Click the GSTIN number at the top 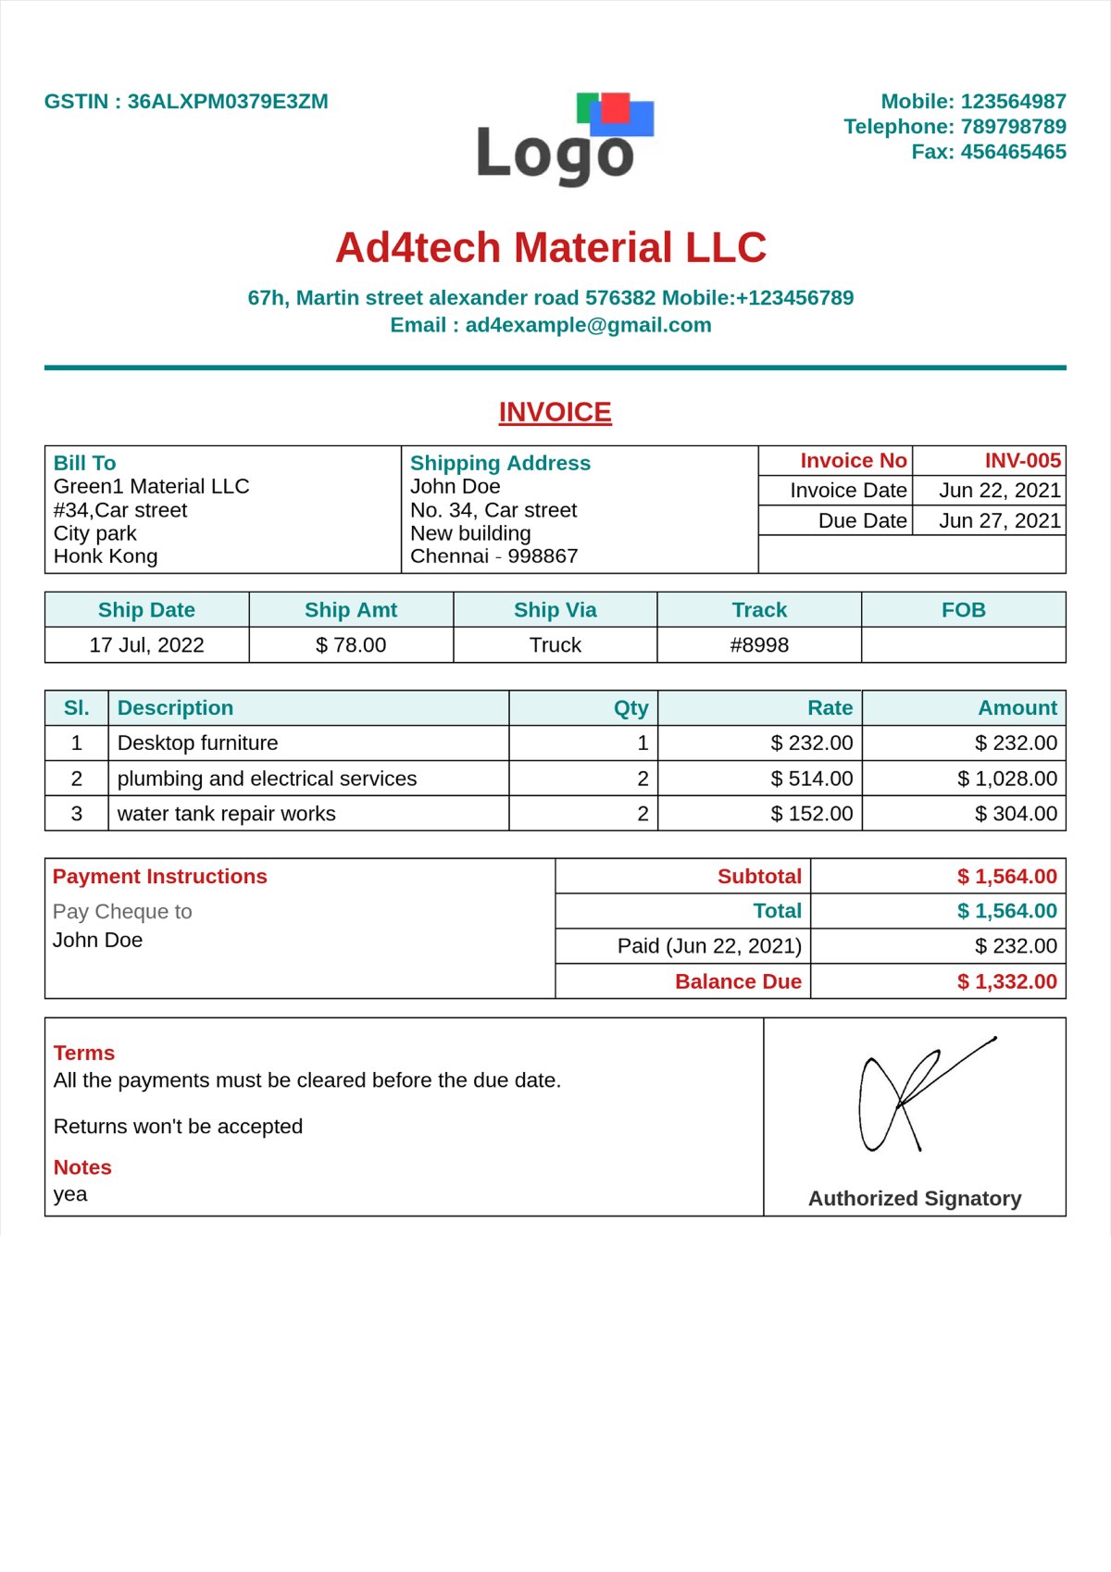227,102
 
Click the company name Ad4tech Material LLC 551,248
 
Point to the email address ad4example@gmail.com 588,325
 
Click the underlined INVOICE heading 555,412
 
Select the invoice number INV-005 1022,461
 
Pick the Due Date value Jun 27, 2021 999,521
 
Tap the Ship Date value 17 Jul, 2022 146,645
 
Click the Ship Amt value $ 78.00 351,645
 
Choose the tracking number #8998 759,645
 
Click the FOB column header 963,610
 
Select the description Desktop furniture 197,743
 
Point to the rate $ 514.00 812,779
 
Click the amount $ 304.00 1016,814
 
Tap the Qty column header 630,708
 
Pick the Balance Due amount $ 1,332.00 1006,981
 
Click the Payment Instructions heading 159,877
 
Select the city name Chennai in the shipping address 449,556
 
